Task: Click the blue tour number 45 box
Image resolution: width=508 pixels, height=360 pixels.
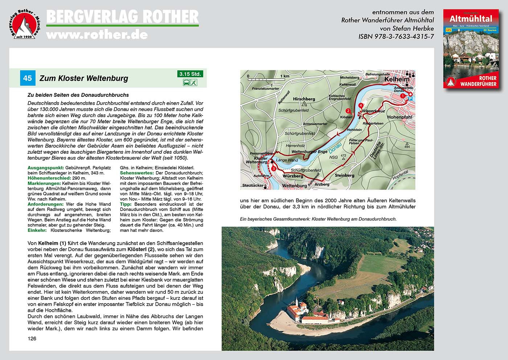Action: click(x=28, y=78)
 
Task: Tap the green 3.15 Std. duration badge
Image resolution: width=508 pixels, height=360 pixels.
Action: click(x=190, y=74)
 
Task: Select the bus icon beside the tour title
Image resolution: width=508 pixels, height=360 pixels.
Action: click(x=186, y=82)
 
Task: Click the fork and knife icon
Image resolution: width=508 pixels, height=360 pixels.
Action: click(x=194, y=82)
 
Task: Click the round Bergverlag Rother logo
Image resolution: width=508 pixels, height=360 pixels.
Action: click(x=24, y=24)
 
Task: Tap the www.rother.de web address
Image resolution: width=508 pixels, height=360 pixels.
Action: click(x=97, y=34)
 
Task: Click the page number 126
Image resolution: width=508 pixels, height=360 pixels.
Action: click(x=32, y=339)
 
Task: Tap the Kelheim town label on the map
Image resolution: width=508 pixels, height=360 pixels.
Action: click(x=397, y=79)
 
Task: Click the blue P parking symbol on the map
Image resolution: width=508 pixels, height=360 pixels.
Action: click(x=411, y=99)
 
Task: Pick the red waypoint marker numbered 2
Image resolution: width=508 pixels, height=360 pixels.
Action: click(x=348, y=111)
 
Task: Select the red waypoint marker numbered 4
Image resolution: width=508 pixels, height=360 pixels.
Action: click(x=360, y=105)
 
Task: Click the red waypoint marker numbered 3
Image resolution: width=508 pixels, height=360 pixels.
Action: click(x=273, y=169)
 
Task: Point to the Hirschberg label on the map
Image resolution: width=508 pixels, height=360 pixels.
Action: click(x=304, y=99)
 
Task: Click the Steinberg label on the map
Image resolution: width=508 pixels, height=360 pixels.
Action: click(x=344, y=175)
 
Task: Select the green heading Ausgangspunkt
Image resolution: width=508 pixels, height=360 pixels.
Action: click(x=46, y=168)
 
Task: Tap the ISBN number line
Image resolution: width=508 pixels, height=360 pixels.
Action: click(x=396, y=37)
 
